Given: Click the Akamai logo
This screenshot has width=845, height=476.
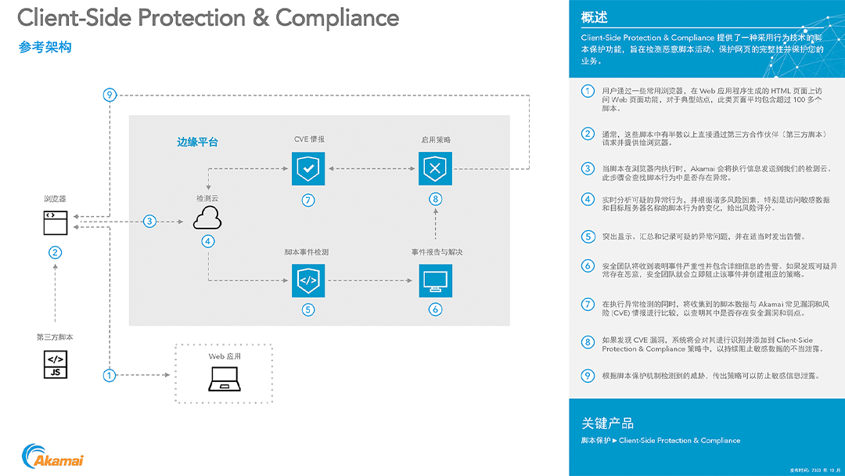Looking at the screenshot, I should point(53,456).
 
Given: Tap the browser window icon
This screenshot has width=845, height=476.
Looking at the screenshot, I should point(55,222).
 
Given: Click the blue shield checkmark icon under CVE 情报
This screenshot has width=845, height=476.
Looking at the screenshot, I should point(307,168).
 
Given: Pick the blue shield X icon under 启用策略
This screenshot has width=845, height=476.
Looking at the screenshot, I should point(436,168).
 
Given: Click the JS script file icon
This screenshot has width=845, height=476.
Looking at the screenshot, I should point(55,365).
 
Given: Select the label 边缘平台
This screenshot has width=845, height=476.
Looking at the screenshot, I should point(197,142).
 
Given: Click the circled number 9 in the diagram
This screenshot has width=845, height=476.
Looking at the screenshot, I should point(110,96).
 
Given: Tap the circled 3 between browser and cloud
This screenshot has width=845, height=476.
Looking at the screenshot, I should point(149,222).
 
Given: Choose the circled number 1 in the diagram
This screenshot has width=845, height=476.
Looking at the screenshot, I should point(110,375).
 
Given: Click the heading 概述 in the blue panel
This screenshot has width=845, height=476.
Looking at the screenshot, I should point(595,18).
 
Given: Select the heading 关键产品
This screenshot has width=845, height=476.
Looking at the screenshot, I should point(607,423).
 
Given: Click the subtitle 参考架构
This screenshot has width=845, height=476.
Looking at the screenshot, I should point(45,48).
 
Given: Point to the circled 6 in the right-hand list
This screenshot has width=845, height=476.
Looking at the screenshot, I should point(588,266).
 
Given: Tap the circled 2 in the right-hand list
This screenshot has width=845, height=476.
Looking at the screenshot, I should point(588,134).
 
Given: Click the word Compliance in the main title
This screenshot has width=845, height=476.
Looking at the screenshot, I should point(337,17).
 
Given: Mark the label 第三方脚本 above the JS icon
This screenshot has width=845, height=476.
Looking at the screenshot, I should point(55,337).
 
